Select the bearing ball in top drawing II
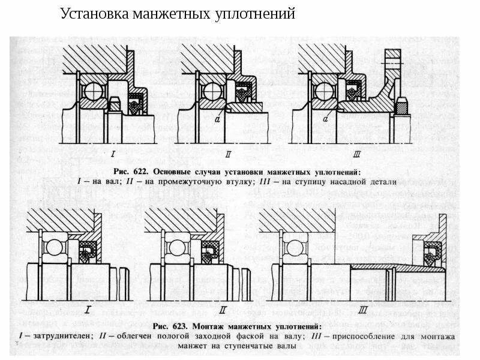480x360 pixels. pos(212,91)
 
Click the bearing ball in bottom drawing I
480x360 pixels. pos(55,247)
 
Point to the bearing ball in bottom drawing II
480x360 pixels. pos(176,247)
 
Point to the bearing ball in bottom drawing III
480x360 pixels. pos(295,247)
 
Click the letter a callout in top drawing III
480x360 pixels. pos(325,119)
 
